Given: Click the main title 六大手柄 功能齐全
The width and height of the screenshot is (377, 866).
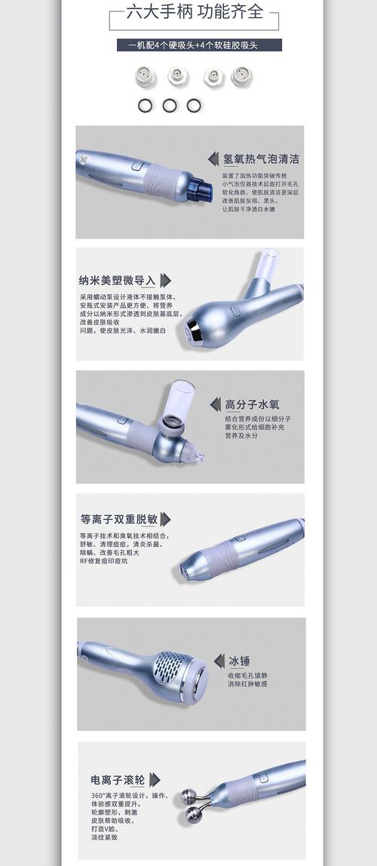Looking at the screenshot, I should tap(194, 12).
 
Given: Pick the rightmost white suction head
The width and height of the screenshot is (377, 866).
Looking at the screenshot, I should tap(241, 75).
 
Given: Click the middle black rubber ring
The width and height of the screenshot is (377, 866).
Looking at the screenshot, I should tap(170, 105).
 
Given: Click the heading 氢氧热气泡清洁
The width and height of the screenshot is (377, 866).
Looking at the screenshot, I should tap(261, 159).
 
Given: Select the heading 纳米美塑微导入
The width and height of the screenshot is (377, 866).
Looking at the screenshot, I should tap(118, 281).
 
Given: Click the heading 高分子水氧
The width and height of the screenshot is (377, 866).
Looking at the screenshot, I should tap(252, 404).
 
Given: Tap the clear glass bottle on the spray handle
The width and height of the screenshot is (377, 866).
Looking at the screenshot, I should tap(179, 400).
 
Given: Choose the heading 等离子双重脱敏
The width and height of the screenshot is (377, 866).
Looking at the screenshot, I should tap(119, 519).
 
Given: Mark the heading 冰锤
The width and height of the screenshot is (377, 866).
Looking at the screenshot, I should tap(239, 661).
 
